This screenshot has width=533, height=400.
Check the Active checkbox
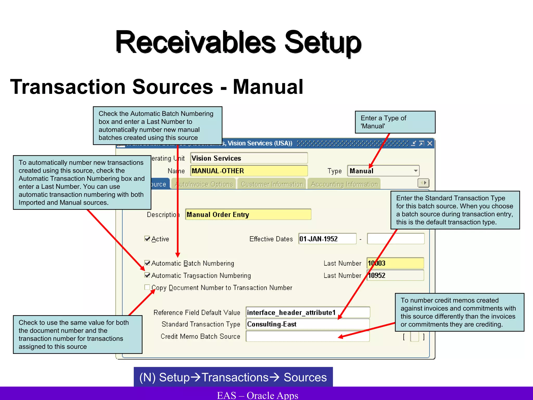pos(147,239)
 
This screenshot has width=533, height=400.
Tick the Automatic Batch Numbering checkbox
pos(147,263)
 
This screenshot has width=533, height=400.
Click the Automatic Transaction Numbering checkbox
pos(147,275)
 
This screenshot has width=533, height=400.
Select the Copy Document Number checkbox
pos(147,287)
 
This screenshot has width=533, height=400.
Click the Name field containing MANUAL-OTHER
pos(249,171)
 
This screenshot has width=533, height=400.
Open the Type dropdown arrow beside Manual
pos(415,171)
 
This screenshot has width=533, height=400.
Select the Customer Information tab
pos(272,184)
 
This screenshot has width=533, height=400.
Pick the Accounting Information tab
pos(344,184)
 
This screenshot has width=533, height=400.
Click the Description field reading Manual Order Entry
pos(248,214)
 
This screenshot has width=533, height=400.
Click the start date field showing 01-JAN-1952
pos(327,239)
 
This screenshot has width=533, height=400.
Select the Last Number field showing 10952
pos(395,275)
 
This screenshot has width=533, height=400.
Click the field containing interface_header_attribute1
pos(308,312)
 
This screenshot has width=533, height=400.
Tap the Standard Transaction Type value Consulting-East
pos(308,324)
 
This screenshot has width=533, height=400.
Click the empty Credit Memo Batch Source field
pos(308,336)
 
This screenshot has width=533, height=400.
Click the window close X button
pos(430,143)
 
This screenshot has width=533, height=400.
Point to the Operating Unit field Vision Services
pos(249,158)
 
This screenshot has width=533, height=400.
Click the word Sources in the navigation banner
pos(305,377)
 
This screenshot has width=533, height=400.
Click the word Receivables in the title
pos(195,42)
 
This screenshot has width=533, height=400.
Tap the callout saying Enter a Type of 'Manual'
pos(395,122)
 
